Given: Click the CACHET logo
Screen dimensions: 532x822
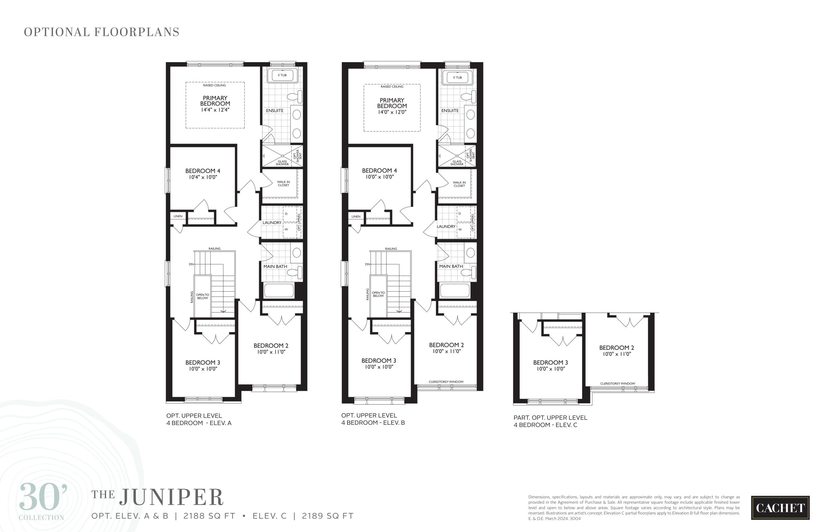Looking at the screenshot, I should click(780, 508).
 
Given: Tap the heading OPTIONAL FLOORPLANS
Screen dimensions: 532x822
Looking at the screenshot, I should click(101, 32).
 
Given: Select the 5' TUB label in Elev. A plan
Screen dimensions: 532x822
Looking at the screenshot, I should click(282, 75).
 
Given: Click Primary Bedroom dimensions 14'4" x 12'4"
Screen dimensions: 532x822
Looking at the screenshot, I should click(215, 110).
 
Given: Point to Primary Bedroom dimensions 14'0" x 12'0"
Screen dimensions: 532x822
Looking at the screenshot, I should click(391, 112).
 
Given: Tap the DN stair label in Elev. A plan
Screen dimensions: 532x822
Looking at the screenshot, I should click(191, 264).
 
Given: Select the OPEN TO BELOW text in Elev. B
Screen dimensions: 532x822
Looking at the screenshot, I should click(378, 294).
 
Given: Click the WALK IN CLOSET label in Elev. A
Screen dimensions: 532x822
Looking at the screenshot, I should click(283, 183).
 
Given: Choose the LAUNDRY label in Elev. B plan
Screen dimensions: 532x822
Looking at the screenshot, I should click(446, 226).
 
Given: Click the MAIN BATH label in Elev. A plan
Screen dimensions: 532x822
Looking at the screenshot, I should click(275, 266).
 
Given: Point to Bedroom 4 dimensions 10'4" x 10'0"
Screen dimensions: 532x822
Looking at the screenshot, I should click(203, 177).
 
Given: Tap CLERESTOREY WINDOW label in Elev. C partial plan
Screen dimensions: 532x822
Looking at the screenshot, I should click(617, 384).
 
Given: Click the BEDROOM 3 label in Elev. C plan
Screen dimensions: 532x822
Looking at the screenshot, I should click(550, 362).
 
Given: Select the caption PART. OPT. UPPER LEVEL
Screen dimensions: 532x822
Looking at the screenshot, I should click(550, 418).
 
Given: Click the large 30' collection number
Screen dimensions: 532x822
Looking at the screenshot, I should click(43, 497).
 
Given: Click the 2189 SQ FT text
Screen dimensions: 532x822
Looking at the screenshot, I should click(327, 516).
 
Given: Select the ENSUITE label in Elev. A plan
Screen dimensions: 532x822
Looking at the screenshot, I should click(275, 111).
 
